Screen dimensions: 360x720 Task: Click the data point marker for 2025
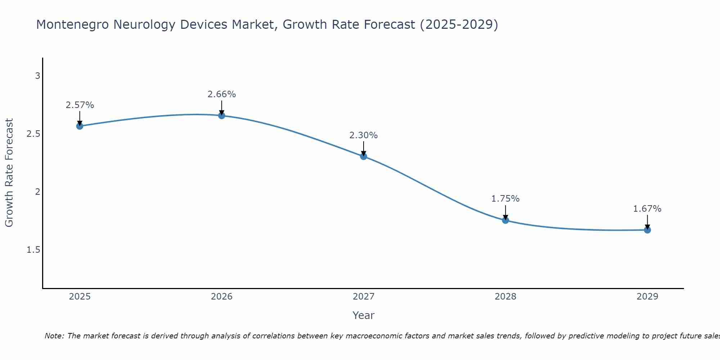(x=80, y=126)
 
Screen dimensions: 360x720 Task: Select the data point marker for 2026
(x=222, y=116)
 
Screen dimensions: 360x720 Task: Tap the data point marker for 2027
(x=364, y=156)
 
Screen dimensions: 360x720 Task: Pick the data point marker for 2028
(x=505, y=220)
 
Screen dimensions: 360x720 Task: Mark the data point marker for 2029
(x=647, y=230)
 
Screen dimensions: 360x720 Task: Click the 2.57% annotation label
(x=80, y=105)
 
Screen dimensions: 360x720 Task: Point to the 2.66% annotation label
(x=222, y=94)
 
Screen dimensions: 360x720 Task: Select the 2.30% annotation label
(x=364, y=135)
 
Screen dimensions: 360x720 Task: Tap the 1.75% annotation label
(x=505, y=199)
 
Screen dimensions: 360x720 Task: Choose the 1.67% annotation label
(x=647, y=209)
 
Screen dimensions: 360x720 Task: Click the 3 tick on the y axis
(x=37, y=76)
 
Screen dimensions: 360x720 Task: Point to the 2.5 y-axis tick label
(x=33, y=134)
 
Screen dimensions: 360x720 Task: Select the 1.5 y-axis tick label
(x=33, y=250)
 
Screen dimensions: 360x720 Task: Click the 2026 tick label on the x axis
(x=222, y=297)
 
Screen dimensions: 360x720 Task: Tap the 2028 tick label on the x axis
(x=505, y=297)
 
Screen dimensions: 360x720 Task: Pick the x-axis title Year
(x=364, y=315)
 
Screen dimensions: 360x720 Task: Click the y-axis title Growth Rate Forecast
(x=9, y=173)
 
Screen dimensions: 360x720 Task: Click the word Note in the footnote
(x=54, y=336)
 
